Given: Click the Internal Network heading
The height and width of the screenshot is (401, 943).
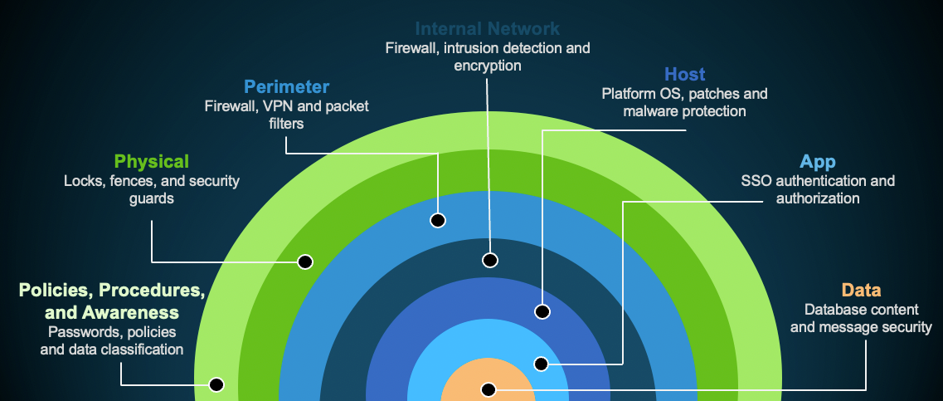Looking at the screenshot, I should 488,30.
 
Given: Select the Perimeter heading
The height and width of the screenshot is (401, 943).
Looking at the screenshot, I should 286,86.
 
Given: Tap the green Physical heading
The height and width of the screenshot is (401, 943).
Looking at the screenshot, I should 152,161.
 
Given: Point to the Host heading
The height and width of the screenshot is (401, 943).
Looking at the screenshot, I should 684,75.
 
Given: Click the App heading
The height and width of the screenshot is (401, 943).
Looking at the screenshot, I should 817,162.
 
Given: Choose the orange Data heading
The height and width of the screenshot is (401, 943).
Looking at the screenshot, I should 861,290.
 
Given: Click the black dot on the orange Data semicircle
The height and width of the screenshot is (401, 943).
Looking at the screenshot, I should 489,389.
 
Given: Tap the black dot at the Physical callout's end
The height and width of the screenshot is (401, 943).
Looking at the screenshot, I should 305,262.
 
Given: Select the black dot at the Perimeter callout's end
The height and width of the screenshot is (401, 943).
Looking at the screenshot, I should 438,220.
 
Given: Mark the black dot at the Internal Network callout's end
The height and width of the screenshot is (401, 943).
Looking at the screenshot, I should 490,260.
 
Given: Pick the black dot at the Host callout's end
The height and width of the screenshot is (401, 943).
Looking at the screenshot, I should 542,312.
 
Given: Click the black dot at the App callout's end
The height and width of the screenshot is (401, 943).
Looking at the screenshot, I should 541,364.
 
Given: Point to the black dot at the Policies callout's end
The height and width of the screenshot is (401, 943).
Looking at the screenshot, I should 216,384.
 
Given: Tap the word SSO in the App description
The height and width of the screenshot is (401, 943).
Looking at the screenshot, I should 755,181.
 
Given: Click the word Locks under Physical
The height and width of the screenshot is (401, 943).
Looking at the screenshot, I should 83,181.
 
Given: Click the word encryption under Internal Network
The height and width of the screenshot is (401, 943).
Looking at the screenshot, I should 488,66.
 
